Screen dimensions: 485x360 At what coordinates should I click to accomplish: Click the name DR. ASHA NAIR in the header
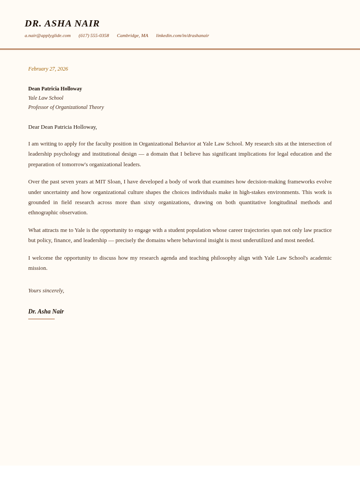pos(62,23)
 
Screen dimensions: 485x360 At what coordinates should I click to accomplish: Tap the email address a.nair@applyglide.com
pos(48,35)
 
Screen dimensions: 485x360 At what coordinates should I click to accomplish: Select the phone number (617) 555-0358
pos(94,35)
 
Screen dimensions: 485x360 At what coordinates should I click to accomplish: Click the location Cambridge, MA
pos(132,35)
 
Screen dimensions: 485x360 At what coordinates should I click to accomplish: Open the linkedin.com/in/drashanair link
pos(182,35)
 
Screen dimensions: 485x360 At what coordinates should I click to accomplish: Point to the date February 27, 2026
pos(48,69)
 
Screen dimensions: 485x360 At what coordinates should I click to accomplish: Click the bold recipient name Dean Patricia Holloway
pos(55,89)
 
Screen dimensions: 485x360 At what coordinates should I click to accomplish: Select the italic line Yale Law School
pos(46,98)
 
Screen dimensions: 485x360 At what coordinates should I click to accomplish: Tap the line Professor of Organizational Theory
pos(66,107)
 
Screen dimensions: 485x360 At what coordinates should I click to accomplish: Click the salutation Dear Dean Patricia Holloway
pos(63,127)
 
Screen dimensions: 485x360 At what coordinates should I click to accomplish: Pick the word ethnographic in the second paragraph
pos(44,213)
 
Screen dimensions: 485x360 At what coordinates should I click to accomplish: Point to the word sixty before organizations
pos(149,202)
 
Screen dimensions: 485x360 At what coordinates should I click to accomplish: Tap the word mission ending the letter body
pos(37,268)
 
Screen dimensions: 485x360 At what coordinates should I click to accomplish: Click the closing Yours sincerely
pos(46,291)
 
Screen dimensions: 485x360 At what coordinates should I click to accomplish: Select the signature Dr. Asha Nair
pos(46,312)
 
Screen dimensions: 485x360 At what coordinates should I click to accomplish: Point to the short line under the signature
pos(41,319)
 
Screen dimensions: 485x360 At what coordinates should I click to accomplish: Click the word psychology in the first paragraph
pos(67,154)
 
